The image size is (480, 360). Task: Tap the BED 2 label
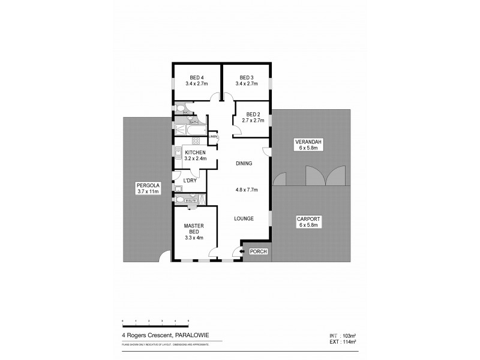(253, 114)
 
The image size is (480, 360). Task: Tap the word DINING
(243, 163)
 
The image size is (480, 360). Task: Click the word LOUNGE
(244, 218)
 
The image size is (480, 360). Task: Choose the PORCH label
(259, 251)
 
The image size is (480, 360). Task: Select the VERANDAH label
(308, 142)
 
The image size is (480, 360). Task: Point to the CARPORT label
(308, 220)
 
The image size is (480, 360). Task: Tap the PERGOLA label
(147, 186)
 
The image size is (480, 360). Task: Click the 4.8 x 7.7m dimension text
(246, 190)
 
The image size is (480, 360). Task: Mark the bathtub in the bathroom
(193, 130)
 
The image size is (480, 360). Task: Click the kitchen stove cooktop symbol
(195, 142)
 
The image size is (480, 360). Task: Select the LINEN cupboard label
(213, 137)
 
